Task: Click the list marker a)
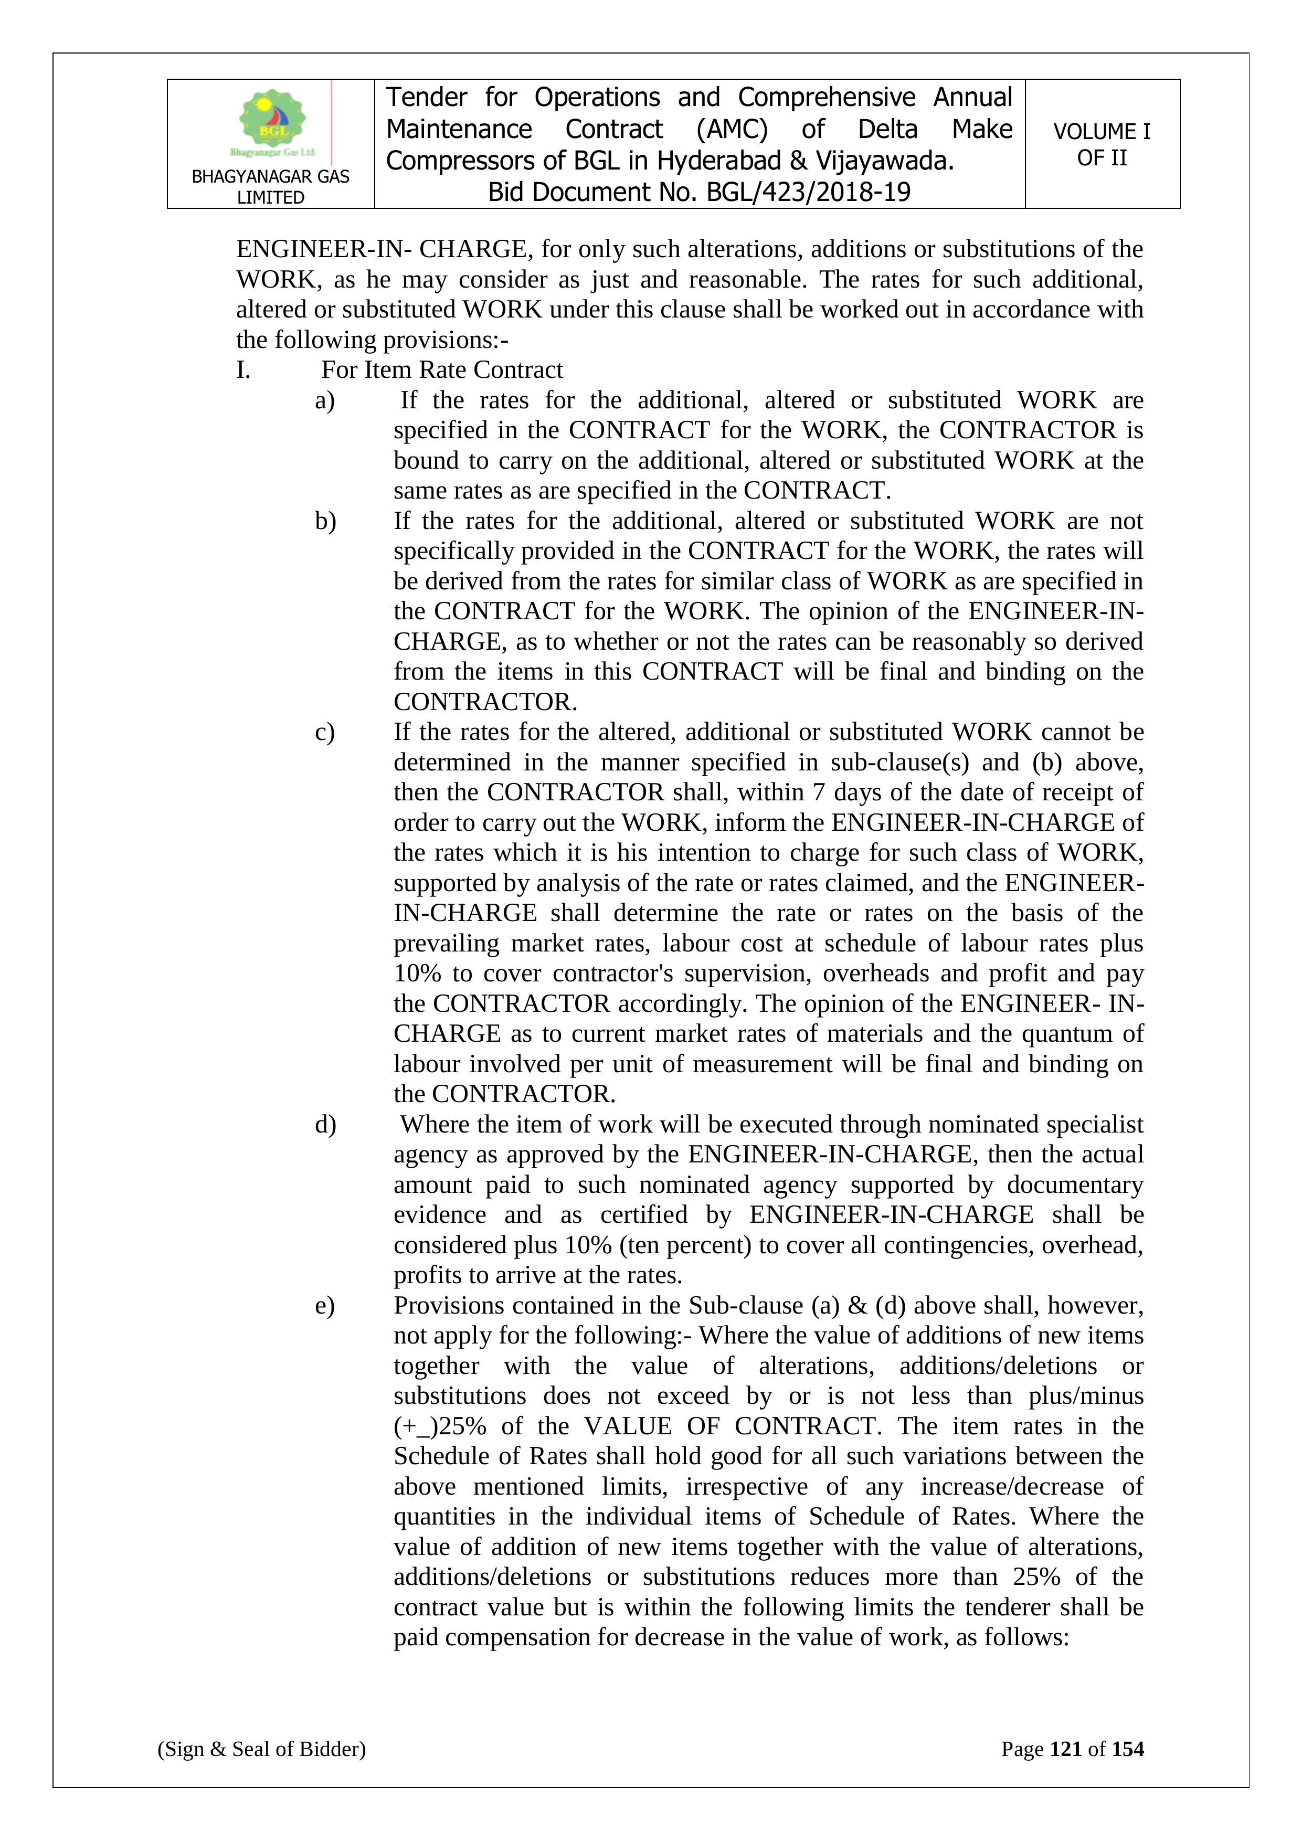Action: click(325, 400)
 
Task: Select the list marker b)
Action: click(325, 521)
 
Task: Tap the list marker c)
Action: click(325, 732)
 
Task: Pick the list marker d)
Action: click(325, 1124)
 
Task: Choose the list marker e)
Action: click(325, 1305)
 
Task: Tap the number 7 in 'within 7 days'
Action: click(818, 792)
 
